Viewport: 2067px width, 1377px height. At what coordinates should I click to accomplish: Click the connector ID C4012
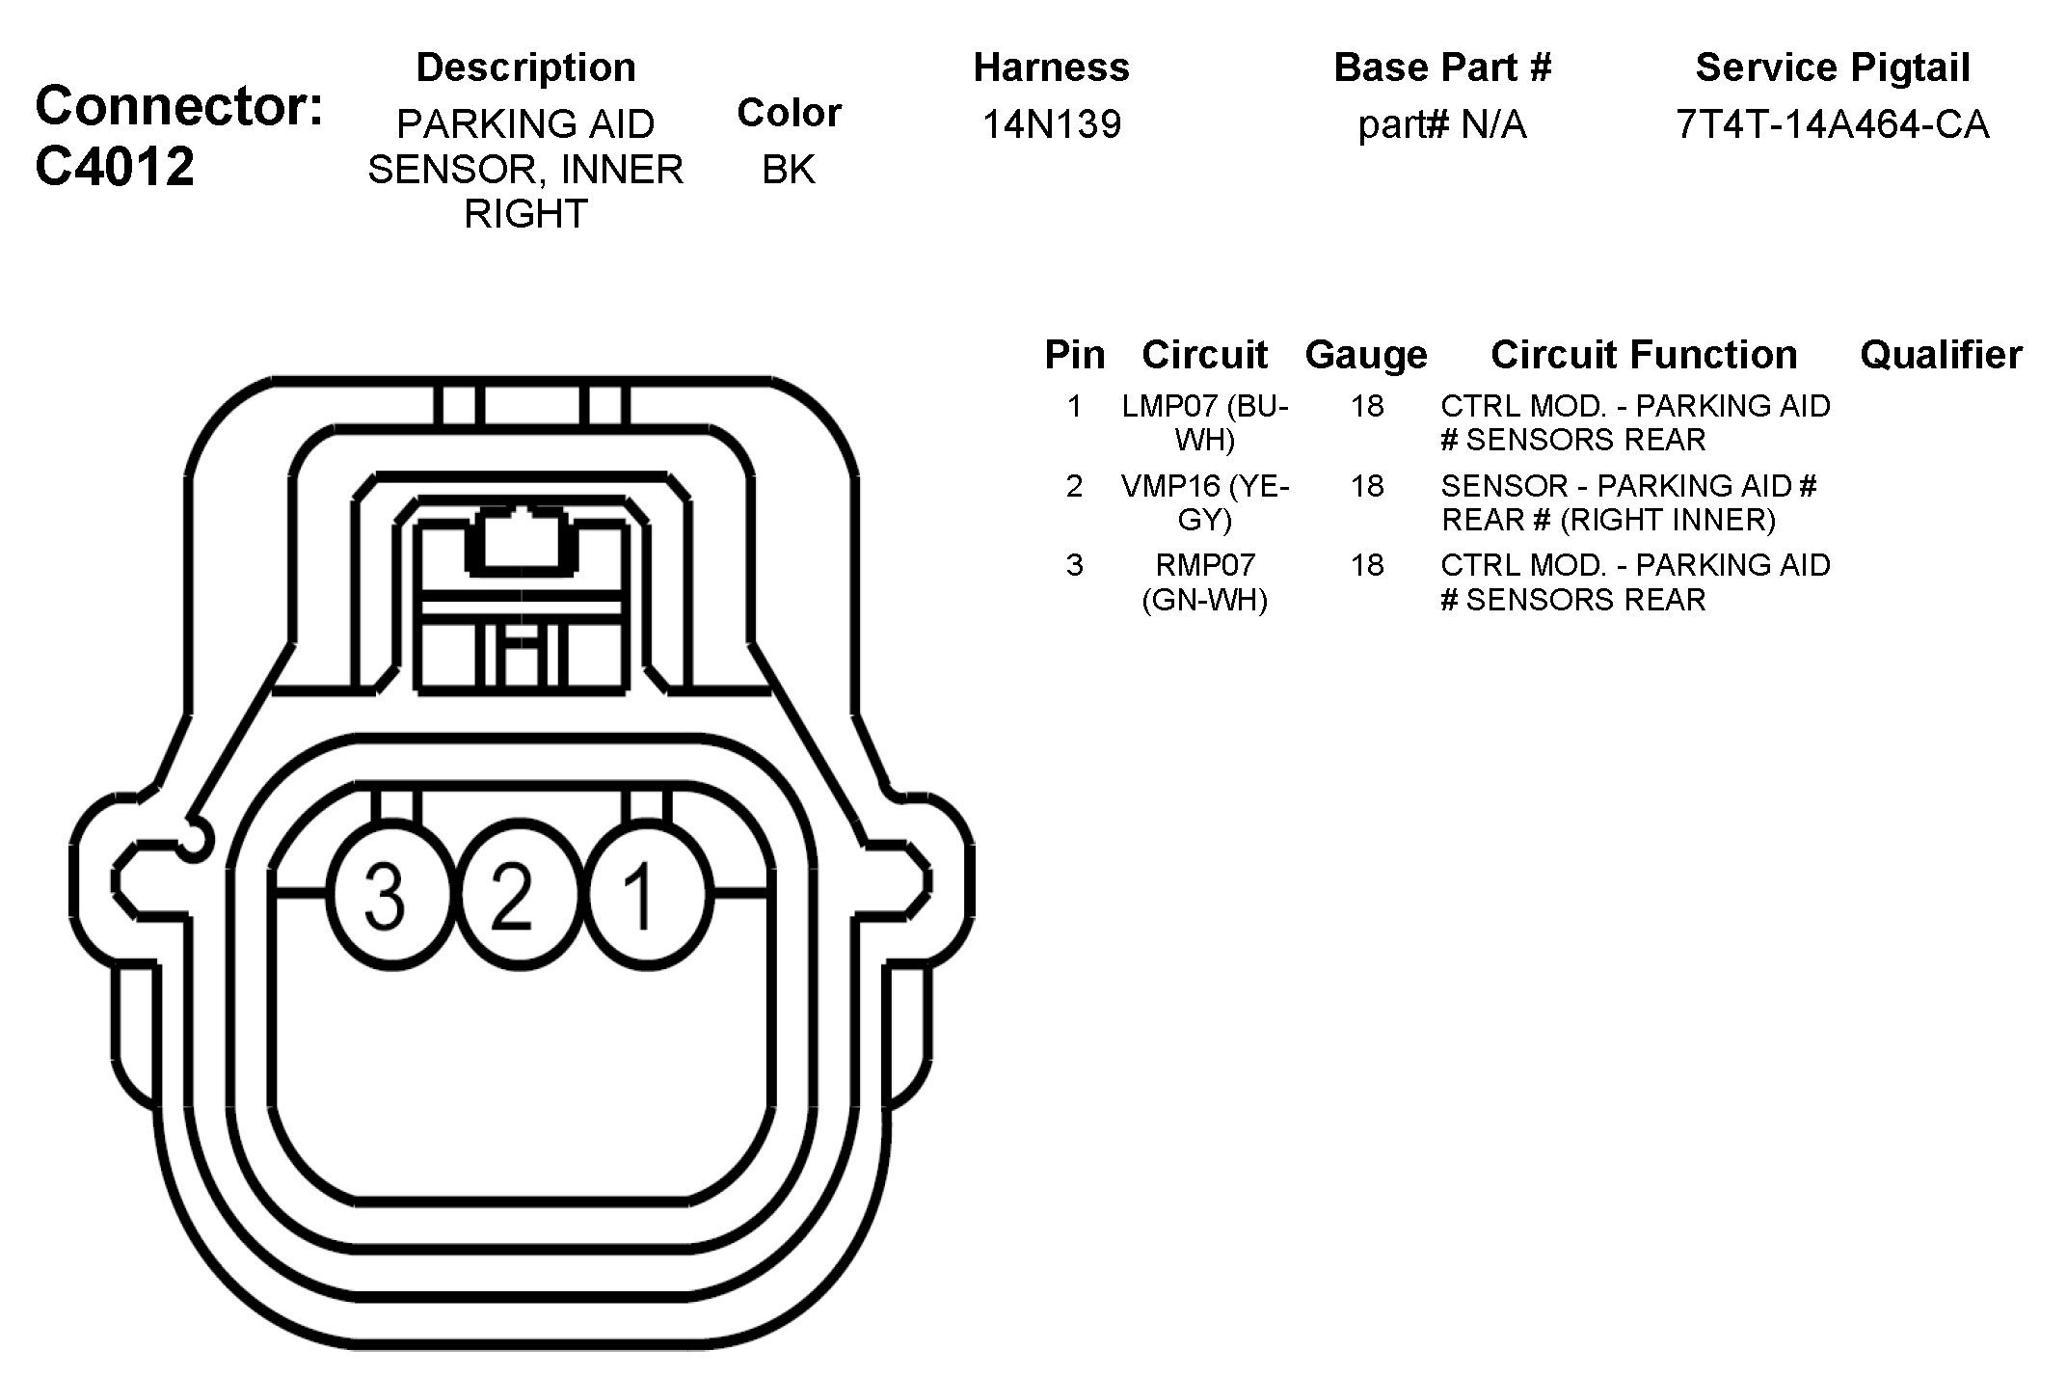115,166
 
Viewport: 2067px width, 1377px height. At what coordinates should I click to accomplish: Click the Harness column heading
1051,67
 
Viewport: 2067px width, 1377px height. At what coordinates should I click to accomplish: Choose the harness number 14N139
1051,124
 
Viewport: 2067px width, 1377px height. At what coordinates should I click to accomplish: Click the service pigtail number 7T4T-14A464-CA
1832,124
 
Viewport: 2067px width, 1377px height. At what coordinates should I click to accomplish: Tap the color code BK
788,170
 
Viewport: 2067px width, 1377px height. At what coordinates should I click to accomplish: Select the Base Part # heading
1442,67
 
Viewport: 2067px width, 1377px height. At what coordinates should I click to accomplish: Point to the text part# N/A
1442,124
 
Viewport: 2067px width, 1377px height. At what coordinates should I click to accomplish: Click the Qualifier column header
1940,355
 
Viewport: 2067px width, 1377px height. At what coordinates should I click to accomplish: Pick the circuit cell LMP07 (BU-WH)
1204,422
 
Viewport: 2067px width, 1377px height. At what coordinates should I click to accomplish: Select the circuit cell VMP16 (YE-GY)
1204,502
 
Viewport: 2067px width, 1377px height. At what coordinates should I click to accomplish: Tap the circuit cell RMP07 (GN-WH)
1204,582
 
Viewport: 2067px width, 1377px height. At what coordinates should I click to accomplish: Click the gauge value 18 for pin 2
1366,486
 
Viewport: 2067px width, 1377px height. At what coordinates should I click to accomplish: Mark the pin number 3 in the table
1074,565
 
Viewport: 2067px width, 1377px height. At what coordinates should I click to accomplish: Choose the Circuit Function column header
1644,355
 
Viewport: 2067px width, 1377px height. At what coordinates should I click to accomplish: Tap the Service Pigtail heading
1832,67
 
